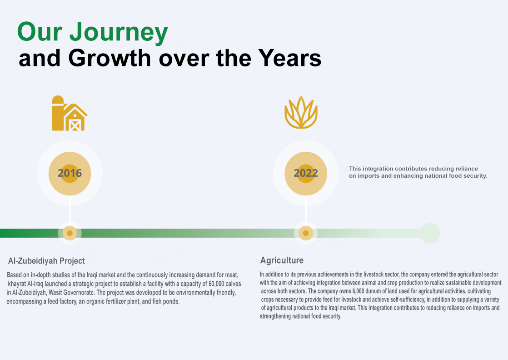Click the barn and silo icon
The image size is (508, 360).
(x=70, y=114)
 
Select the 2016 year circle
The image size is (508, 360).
(x=70, y=173)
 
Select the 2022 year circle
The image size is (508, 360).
(x=306, y=173)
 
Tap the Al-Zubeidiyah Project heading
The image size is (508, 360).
(x=46, y=261)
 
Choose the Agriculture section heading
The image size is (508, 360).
(x=282, y=260)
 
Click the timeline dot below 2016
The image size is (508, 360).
(x=70, y=233)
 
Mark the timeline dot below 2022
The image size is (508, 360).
(x=306, y=233)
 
